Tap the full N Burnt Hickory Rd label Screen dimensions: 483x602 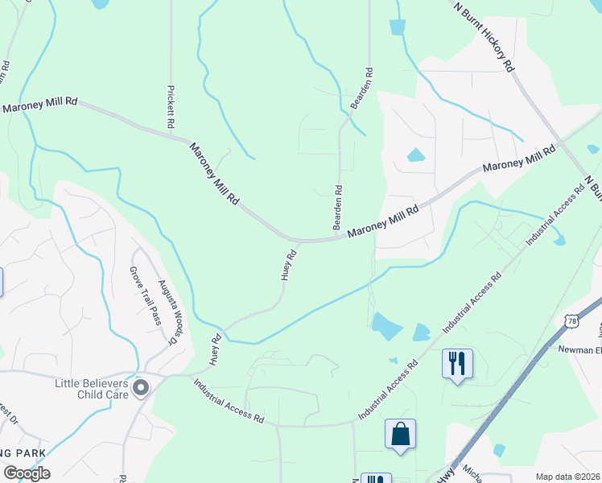tap(484, 37)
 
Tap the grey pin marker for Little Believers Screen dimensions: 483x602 tap(141, 389)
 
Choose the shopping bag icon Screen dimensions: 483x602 tap(400, 435)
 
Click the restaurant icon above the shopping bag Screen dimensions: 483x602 tap(456, 362)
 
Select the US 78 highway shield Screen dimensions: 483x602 tap(571, 321)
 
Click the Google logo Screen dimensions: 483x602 tap(27, 473)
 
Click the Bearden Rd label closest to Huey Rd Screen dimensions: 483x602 tap(339, 208)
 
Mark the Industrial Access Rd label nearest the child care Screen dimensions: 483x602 tap(229, 402)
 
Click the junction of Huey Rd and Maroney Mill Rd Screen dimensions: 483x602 tap(300, 241)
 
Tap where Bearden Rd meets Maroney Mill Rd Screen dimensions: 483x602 tap(339, 238)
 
